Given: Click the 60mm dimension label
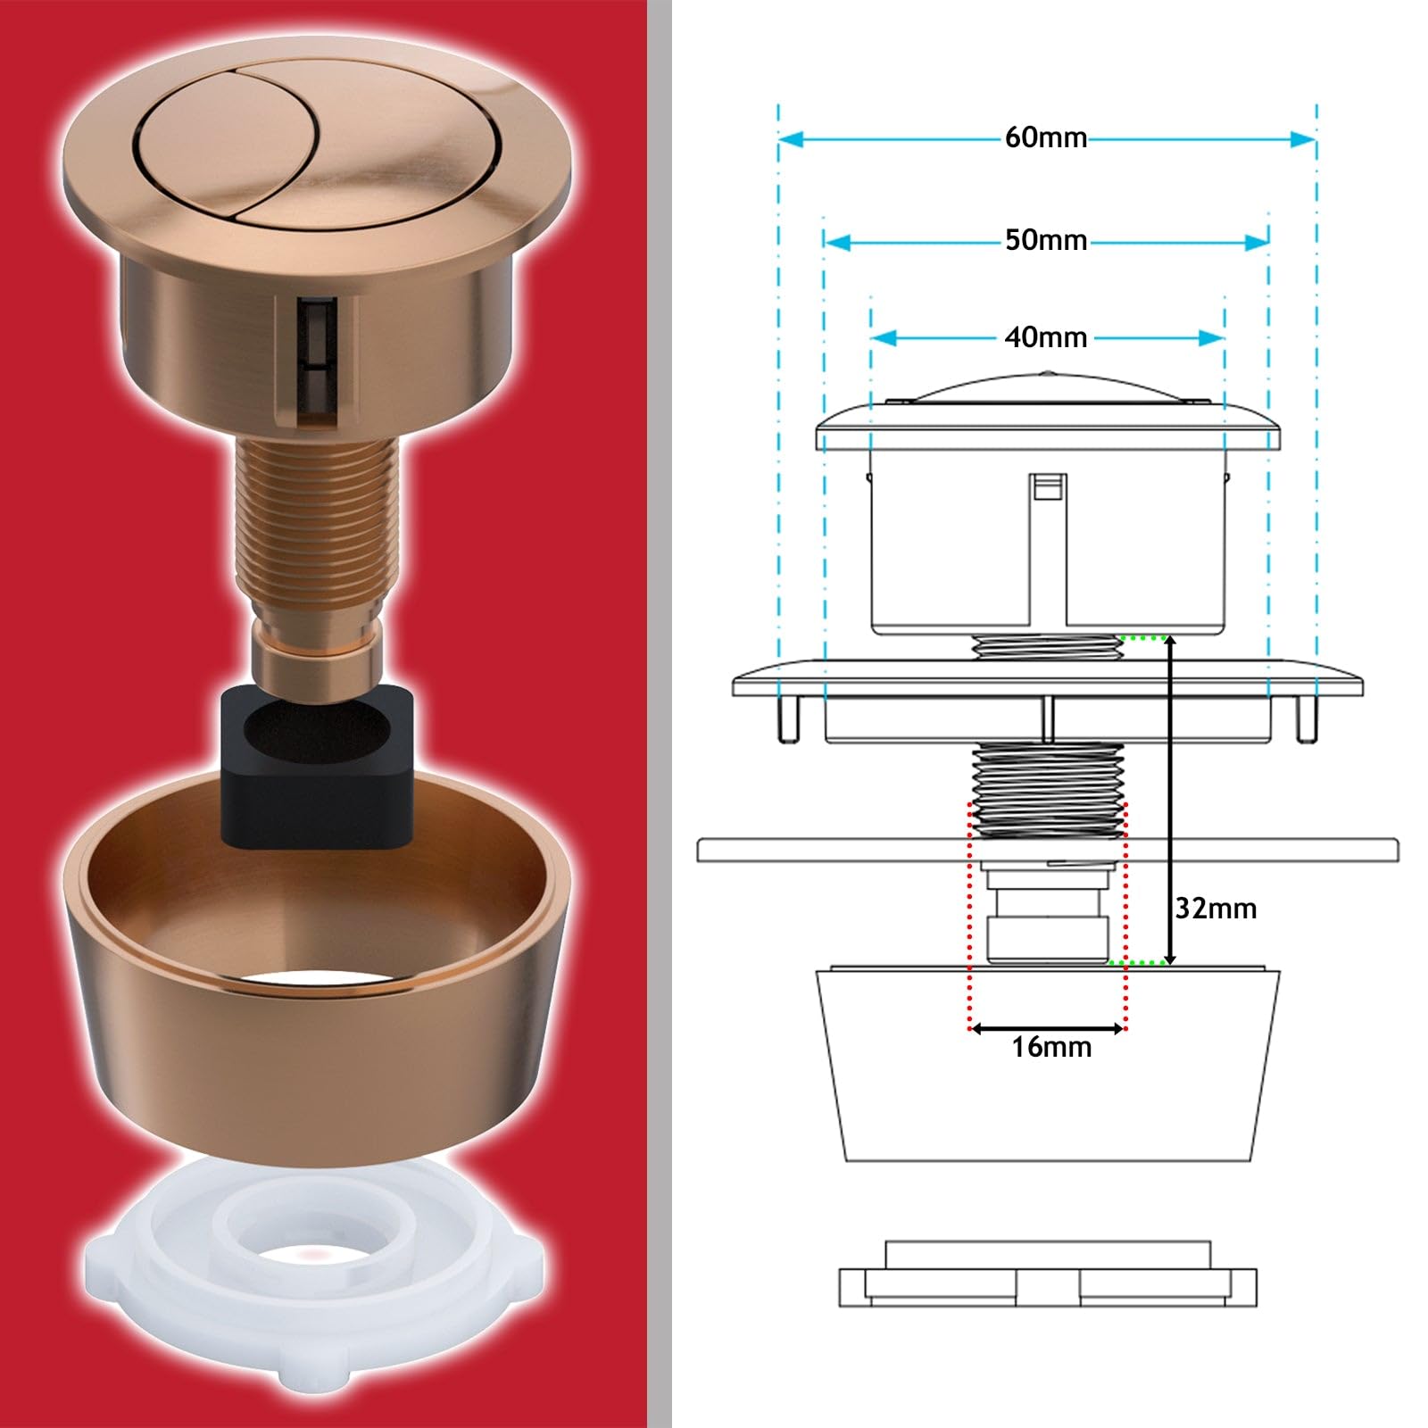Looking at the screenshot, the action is coord(1046,138).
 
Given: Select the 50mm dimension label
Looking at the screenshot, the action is coord(1046,241).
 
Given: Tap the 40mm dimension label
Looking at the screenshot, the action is coord(1046,337).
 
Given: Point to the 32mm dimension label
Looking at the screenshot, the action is coord(1216,909).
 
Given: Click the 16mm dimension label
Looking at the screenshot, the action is coord(1051,1047).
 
